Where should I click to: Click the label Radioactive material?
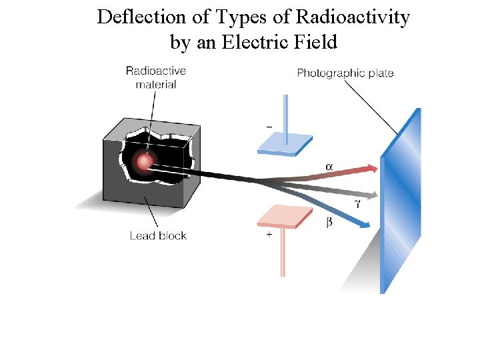[x=155, y=77]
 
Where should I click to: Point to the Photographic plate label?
[x=345, y=73]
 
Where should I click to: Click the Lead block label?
[x=158, y=235]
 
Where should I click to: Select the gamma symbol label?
[x=357, y=203]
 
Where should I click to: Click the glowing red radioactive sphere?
[x=143, y=161]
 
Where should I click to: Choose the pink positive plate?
[x=285, y=216]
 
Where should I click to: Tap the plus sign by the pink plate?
[x=269, y=235]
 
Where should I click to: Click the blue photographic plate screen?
[x=400, y=200]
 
